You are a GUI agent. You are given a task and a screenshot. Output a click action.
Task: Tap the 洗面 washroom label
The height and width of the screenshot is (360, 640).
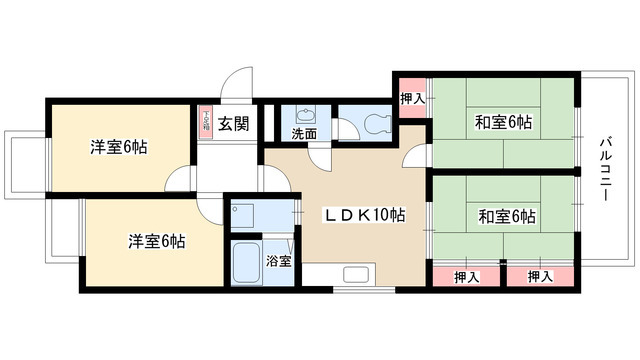coord(304,132)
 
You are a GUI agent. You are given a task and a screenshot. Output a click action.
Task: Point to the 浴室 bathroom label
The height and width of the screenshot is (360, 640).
coord(278,262)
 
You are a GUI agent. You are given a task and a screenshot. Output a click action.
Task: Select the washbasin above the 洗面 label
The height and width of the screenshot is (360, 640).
coord(304,113)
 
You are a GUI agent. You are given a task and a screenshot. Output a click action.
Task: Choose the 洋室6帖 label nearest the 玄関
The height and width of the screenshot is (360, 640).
coord(119,147)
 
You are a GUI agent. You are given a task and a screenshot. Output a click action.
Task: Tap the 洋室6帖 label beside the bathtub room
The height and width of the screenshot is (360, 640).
coord(156,241)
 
